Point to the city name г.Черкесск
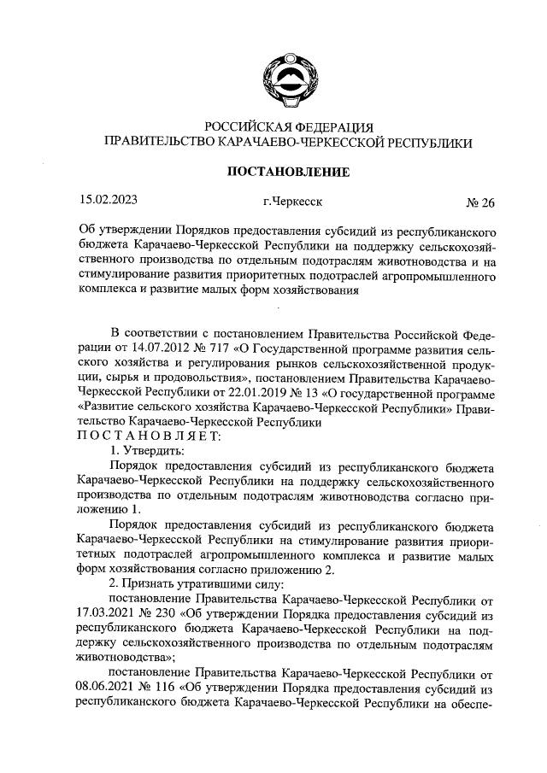[x=293, y=202]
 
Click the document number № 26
[x=479, y=203]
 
